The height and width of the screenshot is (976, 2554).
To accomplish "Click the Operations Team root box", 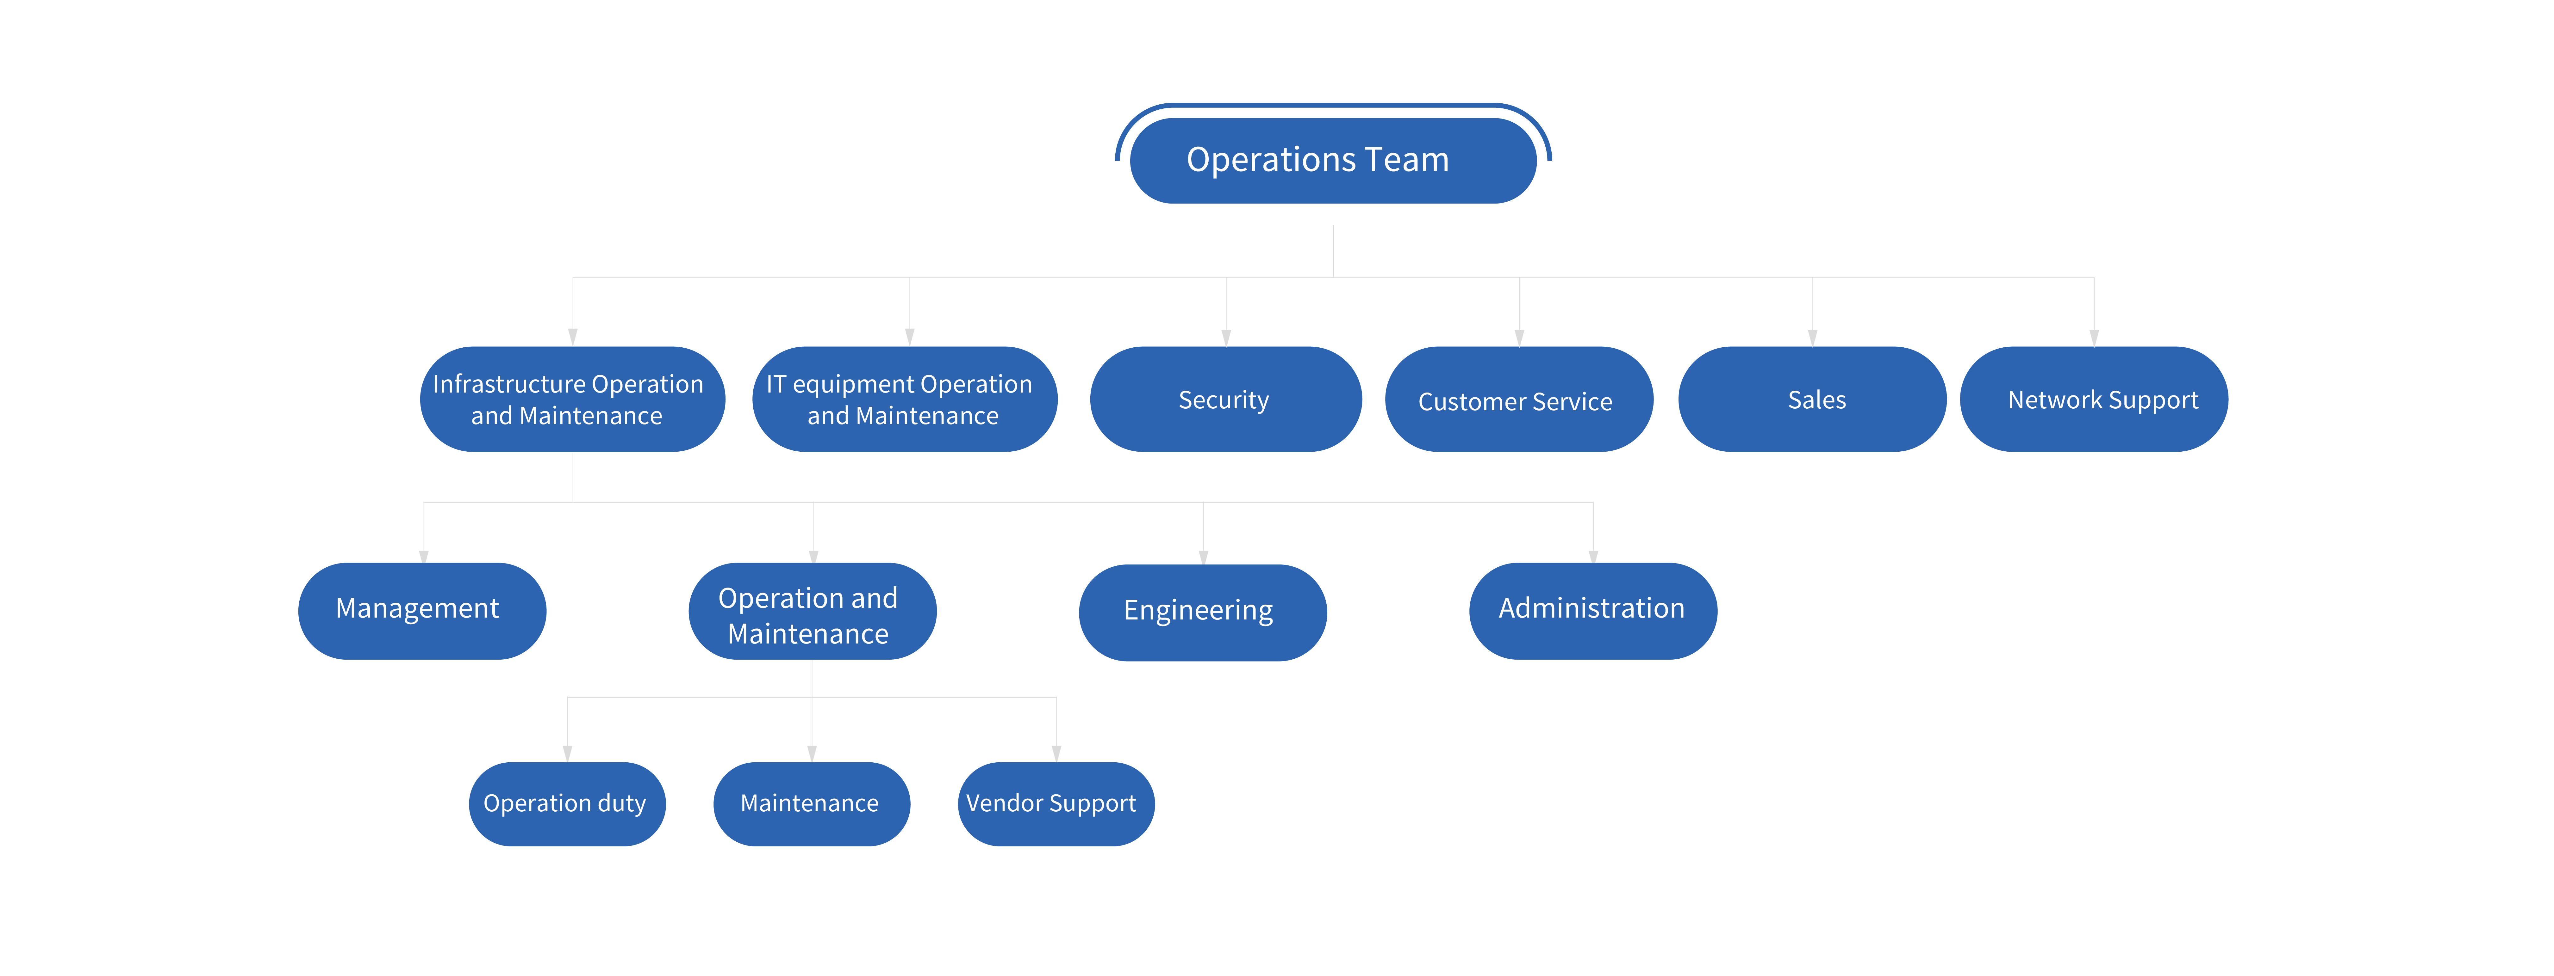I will point(1332,161).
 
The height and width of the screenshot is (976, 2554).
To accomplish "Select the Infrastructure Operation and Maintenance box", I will point(572,399).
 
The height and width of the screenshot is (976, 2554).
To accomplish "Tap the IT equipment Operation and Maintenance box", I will point(904,399).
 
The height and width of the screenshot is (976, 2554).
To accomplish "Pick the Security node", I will point(1225,399).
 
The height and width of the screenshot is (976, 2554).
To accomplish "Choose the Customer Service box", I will point(1518,399).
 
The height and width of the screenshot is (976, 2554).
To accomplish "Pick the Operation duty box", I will point(566,804).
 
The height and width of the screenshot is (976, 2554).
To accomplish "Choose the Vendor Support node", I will point(1055,804).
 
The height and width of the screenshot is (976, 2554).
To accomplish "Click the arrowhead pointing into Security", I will point(1226,338).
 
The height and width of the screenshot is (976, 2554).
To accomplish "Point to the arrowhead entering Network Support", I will point(2094,338).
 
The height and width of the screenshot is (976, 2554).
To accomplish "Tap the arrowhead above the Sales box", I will point(1812,338).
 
